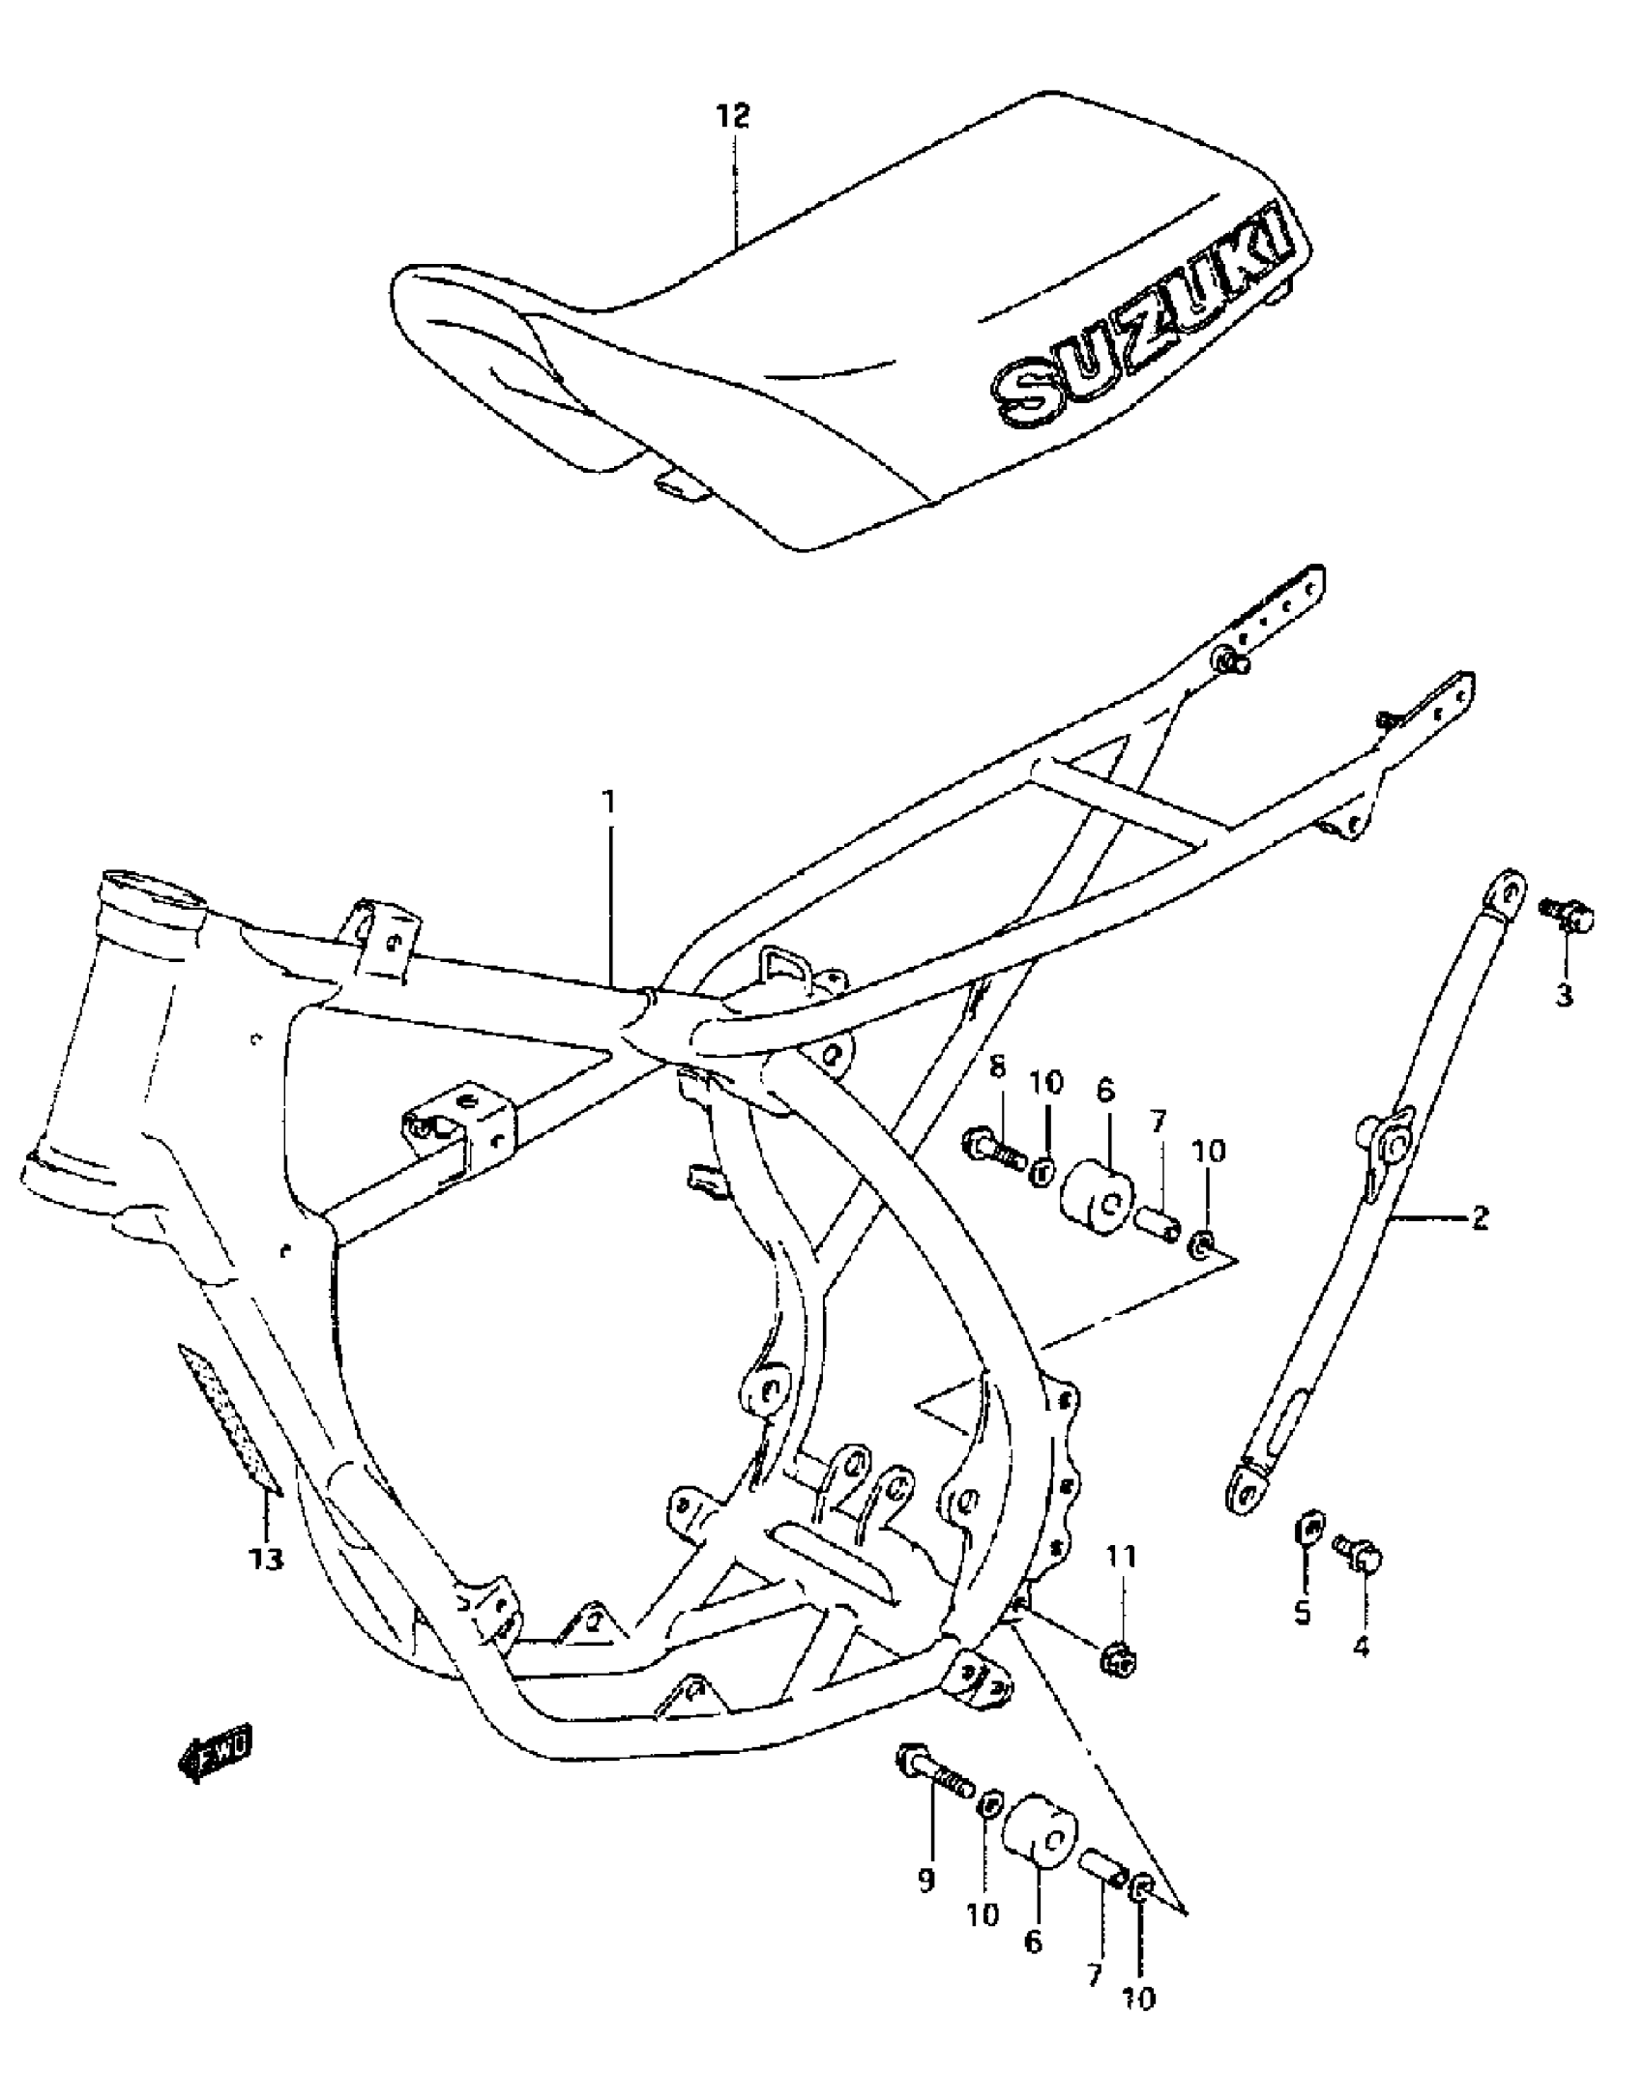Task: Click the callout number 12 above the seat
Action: [732, 118]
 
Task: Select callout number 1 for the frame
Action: [609, 803]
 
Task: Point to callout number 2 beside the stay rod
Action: [1479, 1217]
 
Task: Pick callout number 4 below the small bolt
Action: [1361, 1646]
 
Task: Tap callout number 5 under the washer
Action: [1303, 1612]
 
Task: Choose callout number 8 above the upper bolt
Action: [997, 1067]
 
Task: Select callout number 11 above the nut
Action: [1122, 1556]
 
